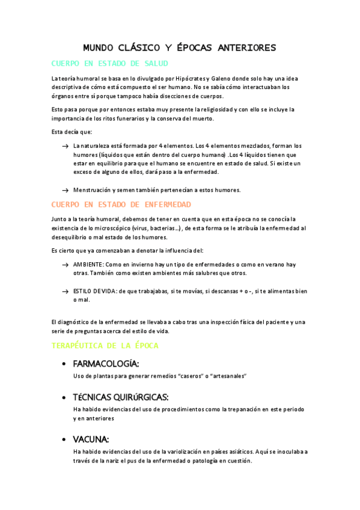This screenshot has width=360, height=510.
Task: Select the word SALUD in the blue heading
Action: click(x=154, y=63)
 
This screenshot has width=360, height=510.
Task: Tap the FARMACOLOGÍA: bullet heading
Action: click(x=106, y=364)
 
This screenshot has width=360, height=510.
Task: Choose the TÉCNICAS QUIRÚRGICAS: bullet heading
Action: click(x=120, y=397)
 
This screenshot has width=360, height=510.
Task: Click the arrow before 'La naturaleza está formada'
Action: click(x=65, y=147)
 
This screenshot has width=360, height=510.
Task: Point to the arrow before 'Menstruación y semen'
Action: click(x=65, y=190)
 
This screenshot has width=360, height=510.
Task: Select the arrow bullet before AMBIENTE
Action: click(x=65, y=265)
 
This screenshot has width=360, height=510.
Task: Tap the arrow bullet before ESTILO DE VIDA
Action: click(x=65, y=291)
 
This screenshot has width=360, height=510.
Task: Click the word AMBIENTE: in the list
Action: click(x=89, y=265)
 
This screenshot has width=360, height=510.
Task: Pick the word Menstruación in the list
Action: click(x=92, y=190)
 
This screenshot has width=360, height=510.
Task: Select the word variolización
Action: click(x=170, y=452)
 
